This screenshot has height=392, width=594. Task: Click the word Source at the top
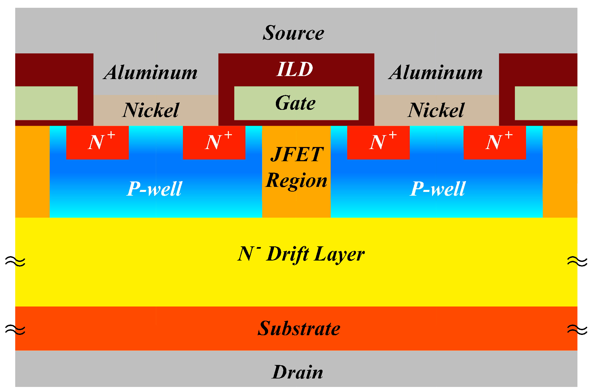(x=293, y=33)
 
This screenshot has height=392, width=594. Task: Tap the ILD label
(x=295, y=70)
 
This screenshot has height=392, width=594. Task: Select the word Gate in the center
(x=295, y=103)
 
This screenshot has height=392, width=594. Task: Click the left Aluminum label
(x=151, y=73)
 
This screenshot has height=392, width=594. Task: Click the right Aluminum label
(x=436, y=73)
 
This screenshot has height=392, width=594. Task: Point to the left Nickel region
(x=151, y=110)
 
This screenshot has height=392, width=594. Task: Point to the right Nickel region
(x=436, y=110)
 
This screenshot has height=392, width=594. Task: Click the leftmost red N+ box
(x=97, y=142)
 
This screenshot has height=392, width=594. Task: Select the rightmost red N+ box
(x=495, y=142)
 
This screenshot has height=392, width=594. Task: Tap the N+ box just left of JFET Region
(x=214, y=142)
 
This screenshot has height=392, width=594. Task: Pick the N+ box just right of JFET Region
(x=378, y=142)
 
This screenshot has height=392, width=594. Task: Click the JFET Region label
(x=296, y=167)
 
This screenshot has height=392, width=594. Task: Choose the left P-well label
(x=155, y=189)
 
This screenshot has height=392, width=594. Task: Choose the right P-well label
(x=438, y=189)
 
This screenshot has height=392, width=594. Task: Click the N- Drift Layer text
(x=301, y=254)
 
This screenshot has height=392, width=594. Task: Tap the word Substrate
(x=299, y=328)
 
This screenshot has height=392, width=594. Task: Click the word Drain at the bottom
(x=298, y=372)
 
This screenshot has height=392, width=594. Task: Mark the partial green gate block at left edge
(x=46, y=103)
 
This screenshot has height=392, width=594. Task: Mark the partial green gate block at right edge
(x=546, y=103)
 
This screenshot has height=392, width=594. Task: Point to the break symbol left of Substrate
(x=15, y=329)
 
